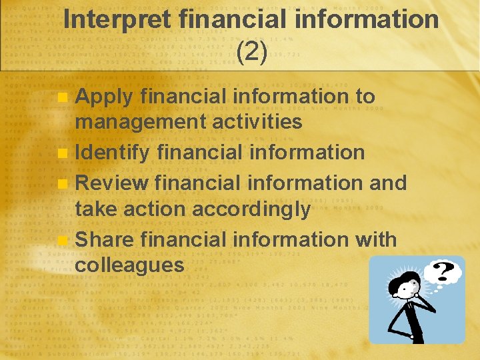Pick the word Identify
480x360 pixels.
pyautogui.click(x=112, y=153)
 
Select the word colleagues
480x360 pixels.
pyautogui.click(x=129, y=265)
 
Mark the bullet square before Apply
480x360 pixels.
pyautogui.click(x=62, y=97)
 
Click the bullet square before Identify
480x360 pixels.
pyautogui.click(x=62, y=153)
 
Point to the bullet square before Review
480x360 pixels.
pyautogui.click(x=62, y=183)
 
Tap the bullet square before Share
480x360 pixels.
pyautogui.click(x=62, y=239)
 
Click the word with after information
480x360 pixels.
pyautogui.click(x=373, y=239)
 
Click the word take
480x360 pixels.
pyautogui.click(x=95, y=209)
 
